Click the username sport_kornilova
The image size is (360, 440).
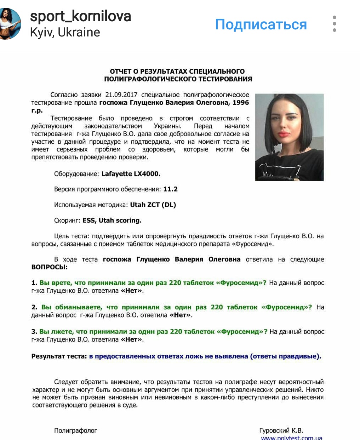[80, 16]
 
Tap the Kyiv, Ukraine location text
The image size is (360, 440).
[65, 32]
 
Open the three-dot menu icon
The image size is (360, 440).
[335, 24]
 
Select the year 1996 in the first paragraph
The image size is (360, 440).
[241, 103]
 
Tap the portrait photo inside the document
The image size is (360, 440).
[289, 137]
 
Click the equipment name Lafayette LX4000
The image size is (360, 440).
[131, 174]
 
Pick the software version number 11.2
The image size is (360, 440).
[170, 189]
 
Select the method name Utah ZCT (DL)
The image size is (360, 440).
[153, 205]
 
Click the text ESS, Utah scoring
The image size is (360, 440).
[112, 220]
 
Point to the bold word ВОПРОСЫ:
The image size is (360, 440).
[49, 267]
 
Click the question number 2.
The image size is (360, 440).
[34, 307]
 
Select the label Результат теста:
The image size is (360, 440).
[59, 356]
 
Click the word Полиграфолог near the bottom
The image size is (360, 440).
[75, 430]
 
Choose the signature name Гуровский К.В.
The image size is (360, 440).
[281, 430]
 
